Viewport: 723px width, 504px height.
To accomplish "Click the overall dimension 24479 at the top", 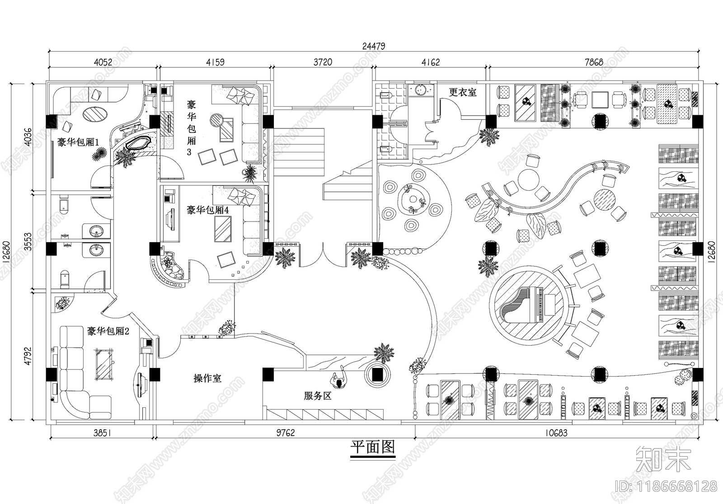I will coord(373,46).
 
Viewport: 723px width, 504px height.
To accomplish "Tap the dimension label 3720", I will coord(322,62).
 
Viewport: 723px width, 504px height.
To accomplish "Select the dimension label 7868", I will coord(593,62).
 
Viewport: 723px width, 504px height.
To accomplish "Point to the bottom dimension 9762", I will coord(285,433).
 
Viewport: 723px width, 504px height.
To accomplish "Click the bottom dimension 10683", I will coord(555,433).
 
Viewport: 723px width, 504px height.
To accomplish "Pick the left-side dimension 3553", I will coord(28,242).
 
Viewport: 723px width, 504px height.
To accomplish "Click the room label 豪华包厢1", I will coord(78,142).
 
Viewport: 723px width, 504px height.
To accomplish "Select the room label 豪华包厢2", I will coord(108,331).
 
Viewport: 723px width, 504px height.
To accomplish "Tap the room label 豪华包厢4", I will coord(208,210).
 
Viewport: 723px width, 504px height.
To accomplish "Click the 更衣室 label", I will coord(462,92).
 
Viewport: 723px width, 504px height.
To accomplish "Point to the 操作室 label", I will coord(207,379).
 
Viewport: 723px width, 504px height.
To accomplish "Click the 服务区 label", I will coord(318,396).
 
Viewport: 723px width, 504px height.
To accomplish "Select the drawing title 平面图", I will coord(373,447).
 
